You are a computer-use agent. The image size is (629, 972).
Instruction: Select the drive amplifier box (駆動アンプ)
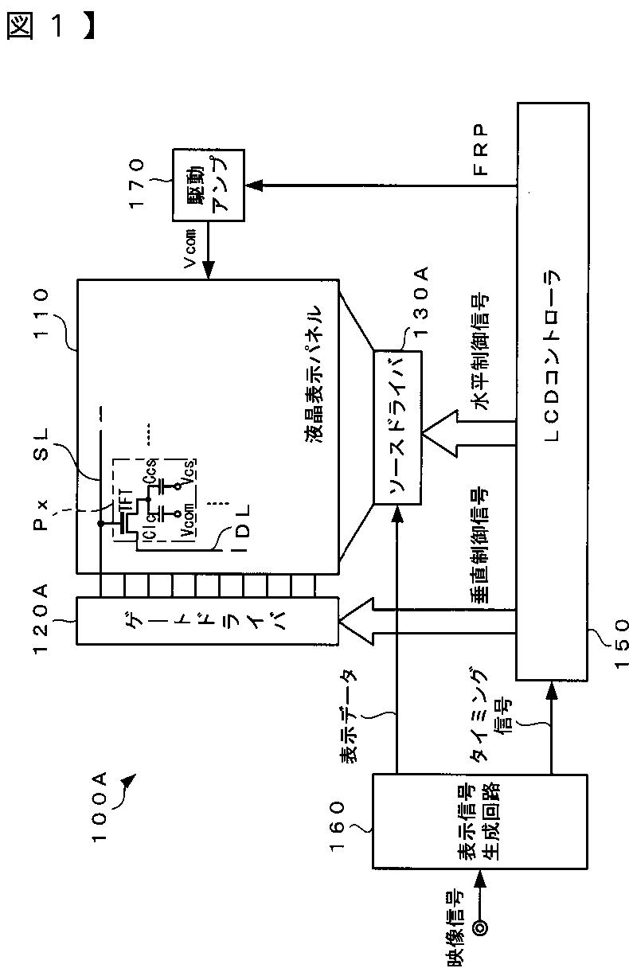pos(208,185)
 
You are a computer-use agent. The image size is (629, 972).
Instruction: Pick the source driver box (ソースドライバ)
pos(397,426)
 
